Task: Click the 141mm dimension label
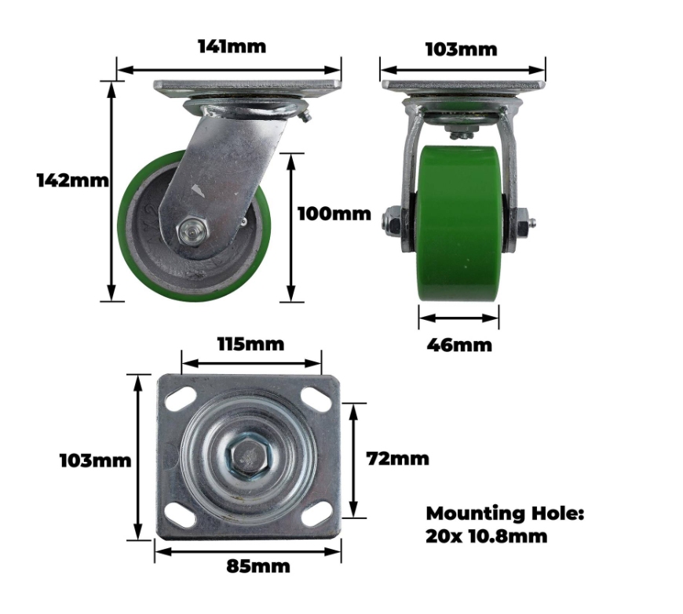point(232,46)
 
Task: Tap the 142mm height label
point(73,180)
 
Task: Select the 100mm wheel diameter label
point(334,214)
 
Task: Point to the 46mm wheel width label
point(459,345)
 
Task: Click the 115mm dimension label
point(251,344)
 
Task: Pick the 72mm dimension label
point(398,459)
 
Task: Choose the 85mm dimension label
point(258,566)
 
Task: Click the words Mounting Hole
point(505,514)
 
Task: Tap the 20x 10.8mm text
point(487,536)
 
